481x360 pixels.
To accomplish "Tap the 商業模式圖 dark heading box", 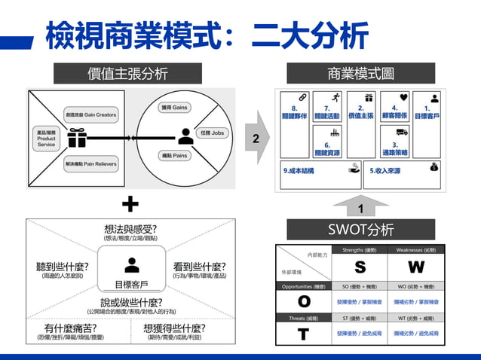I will pyautogui.click(x=360, y=73).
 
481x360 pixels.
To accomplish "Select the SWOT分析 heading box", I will pyautogui.click(x=360, y=229).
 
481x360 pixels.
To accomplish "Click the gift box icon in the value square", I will pyautogui.click(x=77, y=137).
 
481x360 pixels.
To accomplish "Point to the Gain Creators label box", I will pyautogui.click(x=90, y=115).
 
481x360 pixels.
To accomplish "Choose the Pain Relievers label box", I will pyautogui.click(x=90, y=163).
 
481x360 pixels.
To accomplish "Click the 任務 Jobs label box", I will pyautogui.click(x=210, y=133).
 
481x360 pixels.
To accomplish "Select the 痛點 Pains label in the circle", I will pyautogui.click(x=175, y=156).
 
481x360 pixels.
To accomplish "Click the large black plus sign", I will pyautogui.click(x=130, y=203).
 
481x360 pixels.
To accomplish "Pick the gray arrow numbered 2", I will pyautogui.click(x=258, y=138).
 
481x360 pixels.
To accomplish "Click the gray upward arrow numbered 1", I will pyautogui.click(x=360, y=205).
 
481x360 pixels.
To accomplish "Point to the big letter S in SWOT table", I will pyautogui.click(x=360, y=267).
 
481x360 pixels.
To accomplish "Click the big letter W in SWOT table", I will pyautogui.click(x=416, y=267).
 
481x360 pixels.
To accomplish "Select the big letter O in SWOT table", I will pyautogui.click(x=304, y=301).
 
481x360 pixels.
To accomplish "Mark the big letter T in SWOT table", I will pyautogui.click(x=304, y=334).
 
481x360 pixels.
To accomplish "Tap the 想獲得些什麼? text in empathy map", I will pyautogui.click(x=174, y=329).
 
